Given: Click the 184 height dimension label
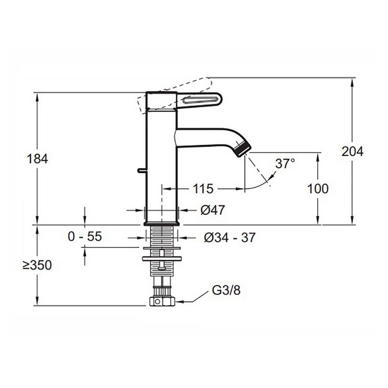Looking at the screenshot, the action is point(37,159).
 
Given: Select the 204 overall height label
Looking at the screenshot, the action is point(353,151).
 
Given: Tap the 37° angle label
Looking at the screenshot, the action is point(285,163).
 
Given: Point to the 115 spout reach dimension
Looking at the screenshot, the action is point(203,189).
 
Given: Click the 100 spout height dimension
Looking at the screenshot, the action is point(318,189).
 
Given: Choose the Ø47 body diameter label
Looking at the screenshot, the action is point(212,210).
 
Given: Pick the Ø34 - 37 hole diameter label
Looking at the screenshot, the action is point(229,238).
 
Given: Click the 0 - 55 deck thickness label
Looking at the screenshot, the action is point(84,236).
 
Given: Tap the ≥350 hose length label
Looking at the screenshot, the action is point(37,265).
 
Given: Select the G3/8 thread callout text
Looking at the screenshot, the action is point(226,290).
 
